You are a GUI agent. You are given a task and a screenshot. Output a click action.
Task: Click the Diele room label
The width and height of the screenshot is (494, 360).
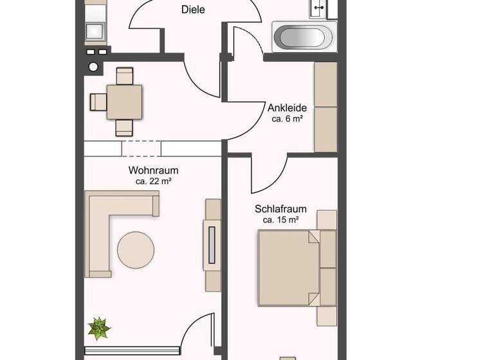[193, 10]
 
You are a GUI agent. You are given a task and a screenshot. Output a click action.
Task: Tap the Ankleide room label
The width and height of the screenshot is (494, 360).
[287, 108]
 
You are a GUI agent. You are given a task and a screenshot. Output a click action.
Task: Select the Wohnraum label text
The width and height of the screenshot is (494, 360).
[153, 171]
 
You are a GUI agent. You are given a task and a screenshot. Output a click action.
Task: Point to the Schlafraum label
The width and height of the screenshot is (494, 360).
[280, 209]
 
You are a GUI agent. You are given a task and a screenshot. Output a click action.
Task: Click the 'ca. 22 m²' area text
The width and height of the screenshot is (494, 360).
[153, 182]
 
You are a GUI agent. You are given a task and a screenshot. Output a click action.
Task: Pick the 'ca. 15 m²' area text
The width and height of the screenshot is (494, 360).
[280, 220]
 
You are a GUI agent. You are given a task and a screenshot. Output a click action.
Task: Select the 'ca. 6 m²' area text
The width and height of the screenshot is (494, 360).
[287, 119]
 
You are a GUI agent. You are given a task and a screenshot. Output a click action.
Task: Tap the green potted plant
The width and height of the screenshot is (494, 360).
[99, 328]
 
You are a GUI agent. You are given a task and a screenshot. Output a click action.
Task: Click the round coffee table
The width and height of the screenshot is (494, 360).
[136, 249]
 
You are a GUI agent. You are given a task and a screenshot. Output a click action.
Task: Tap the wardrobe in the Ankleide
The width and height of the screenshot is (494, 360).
[325, 107]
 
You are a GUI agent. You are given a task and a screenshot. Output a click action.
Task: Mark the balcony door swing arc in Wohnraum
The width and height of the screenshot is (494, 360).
[196, 331]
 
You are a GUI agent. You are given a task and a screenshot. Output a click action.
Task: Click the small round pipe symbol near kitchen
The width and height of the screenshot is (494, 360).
[93, 67]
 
